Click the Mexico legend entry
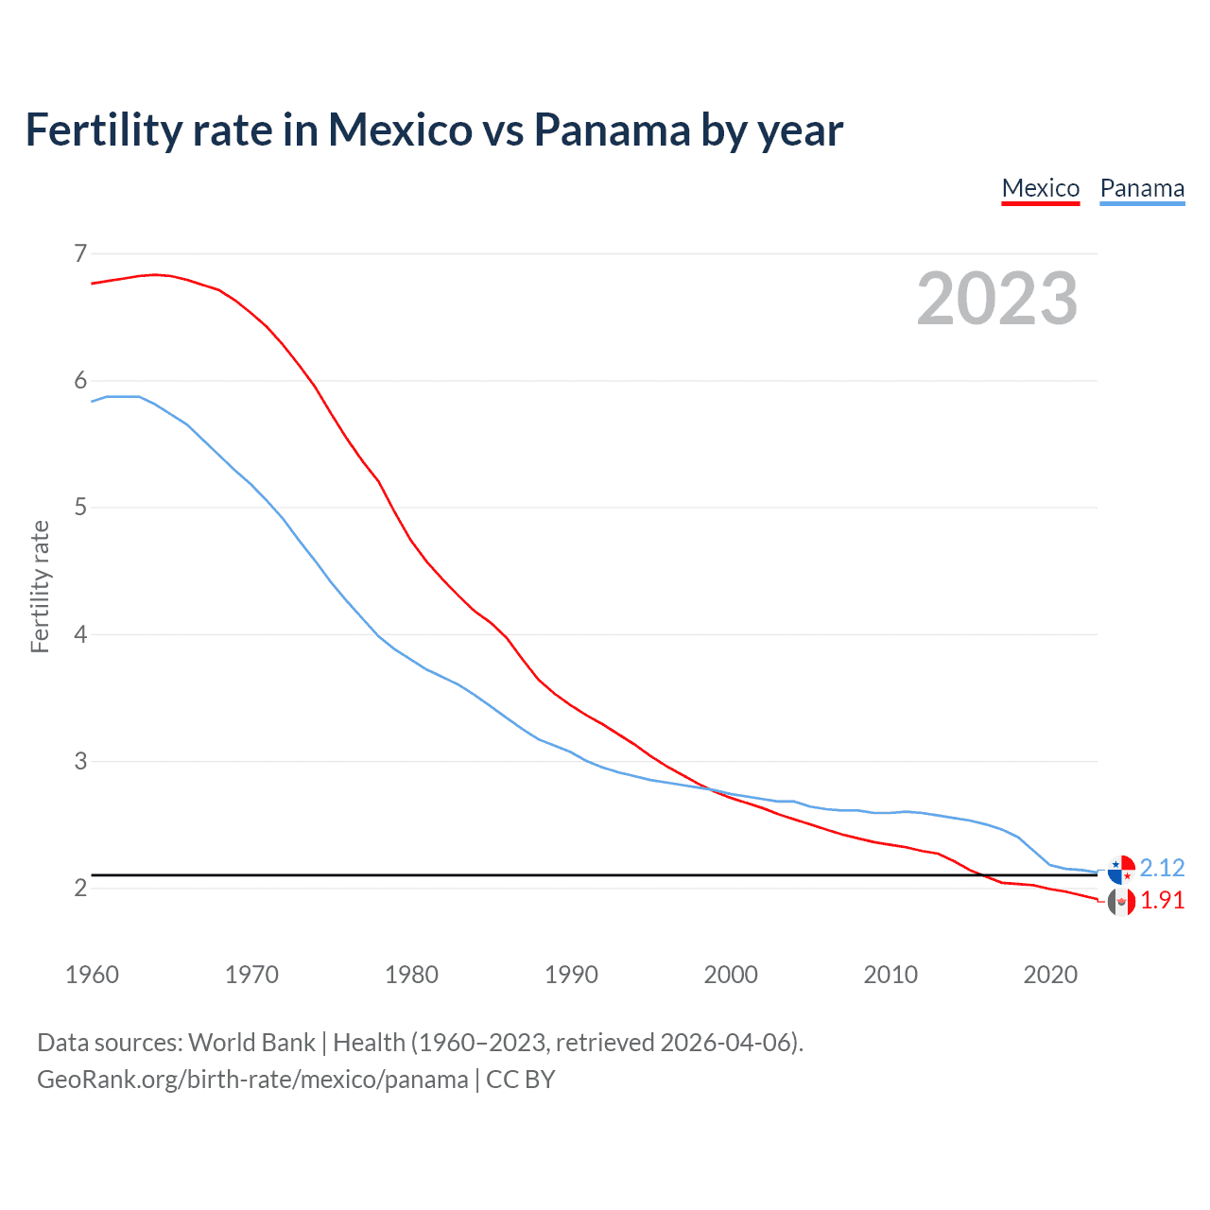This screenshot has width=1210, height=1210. pyautogui.click(x=1040, y=188)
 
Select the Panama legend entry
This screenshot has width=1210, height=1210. pyautogui.click(x=1142, y=188)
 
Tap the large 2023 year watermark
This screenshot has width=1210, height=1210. pyautogui.click(x=997, y=299)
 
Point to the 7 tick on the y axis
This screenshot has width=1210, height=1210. pyautogui.click(x=80, y=253)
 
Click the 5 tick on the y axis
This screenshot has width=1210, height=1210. pyautogui.click(x=80, y=508)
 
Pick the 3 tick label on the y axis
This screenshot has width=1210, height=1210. pyautogui.click(x=80, y=761)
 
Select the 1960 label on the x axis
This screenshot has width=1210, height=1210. pyautogui.click(x=92, y=975)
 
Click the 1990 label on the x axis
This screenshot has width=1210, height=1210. pyautogui.click(x=571, y=975)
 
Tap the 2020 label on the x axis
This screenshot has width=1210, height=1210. pyautogui.click(x=1050, y=975)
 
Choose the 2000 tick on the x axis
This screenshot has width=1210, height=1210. pyautogui.click(x=731, y=975)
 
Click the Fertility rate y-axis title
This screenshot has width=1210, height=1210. pyautogui.click(x=40, y=586)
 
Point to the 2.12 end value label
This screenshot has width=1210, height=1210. pyautogui.click(x=1162, y=868)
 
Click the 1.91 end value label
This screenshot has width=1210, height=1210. pyautogui.click(x=1162, y=900)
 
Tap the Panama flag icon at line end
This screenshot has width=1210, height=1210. pyautogui.click(x=1121, y=869)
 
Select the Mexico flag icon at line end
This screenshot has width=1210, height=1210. pyautogui.click(x=1121, y=902)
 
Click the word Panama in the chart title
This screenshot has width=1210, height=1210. pyautogui.click(x=612, y=130)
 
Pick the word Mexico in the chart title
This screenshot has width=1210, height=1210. pyautogui.click(x=400, y=130)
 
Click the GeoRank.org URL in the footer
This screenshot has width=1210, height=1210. pyautogui.click(x=252, y=1080)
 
